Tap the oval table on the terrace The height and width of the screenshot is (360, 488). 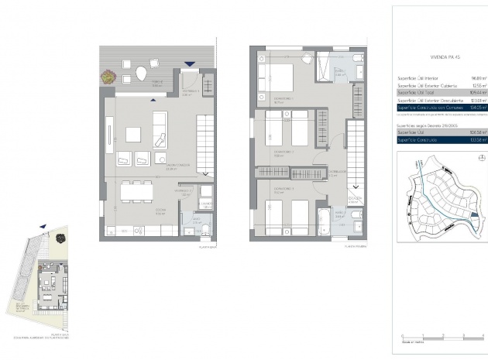coord(141,74)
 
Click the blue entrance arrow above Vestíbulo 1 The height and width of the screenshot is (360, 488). coord(189,65)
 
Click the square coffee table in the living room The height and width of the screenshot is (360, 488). coord(134,134)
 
